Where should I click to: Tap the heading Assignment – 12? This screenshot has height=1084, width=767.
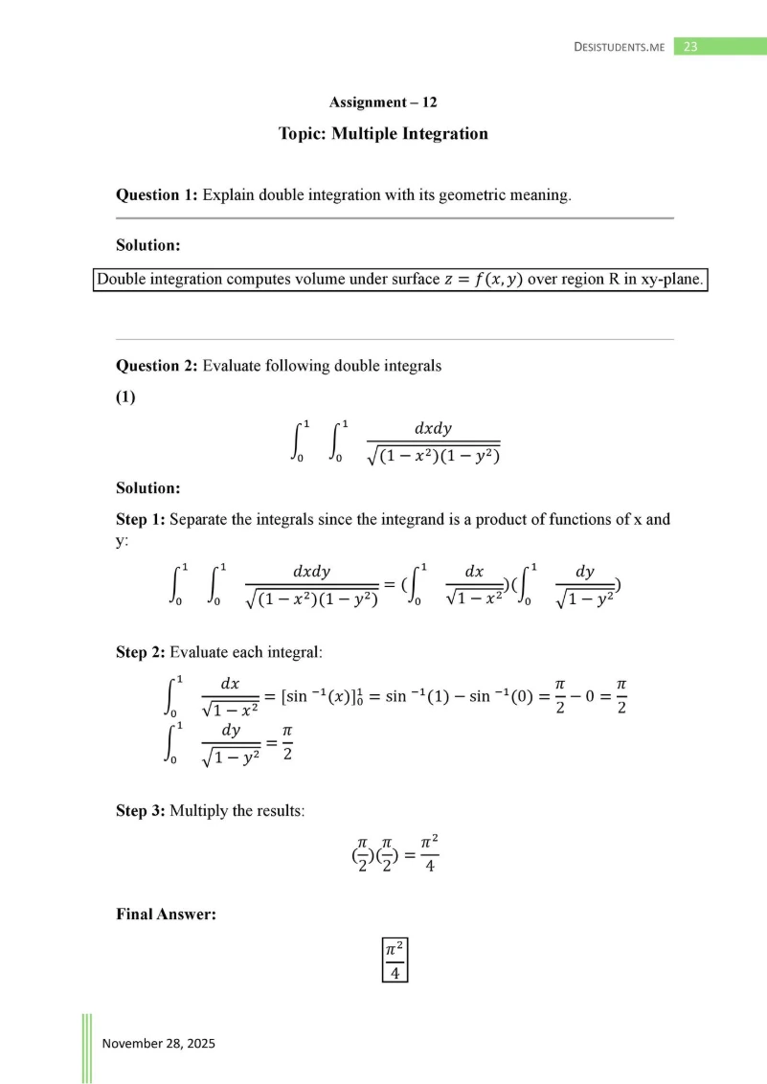pos(383,102)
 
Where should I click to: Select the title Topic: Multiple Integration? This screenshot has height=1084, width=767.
pos(383,134)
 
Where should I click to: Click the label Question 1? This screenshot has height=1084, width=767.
pos(157,195)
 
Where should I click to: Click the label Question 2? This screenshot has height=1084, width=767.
pos(157,365)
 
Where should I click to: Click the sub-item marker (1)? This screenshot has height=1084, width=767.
pos(125,397)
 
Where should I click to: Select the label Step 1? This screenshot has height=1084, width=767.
pos(141,520)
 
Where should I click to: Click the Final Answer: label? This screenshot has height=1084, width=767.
pos(166,915)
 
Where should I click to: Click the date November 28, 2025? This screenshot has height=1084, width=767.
pos(158,1043)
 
